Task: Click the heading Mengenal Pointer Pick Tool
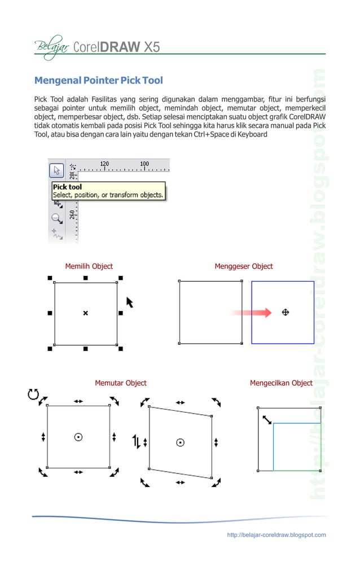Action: pyautogui.click(x=99, y=80)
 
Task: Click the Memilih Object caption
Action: pyautogui.click(x=89, y=266)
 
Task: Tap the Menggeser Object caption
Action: pyautogui.click(x=243, y=266)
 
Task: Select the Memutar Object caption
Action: pyautogui.click(x=120, y=383)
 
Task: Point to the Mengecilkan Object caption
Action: pyautogui.click(x=281, y=383)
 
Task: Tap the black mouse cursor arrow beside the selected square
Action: pyautogui.click(x=130, y=302)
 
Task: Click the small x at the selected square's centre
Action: pyautogui.click(x=86, y=313)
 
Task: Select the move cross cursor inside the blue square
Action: pyautogui.click(x=286, y=311)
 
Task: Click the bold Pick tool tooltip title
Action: pyautogui.click(x=67, y=187)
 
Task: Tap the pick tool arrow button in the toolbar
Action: pyautogui.click(x=56, y=170)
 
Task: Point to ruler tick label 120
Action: pyautogui.click(x=104, y=164)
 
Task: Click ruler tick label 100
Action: pyautogui.click(x=144, y=164)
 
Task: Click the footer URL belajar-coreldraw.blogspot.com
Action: pyautogui.click(x=276, y=535)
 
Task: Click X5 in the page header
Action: pyautogui.click(x=151, y=46)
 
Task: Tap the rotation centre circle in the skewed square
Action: pyautogui.click(x=180, y=442)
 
